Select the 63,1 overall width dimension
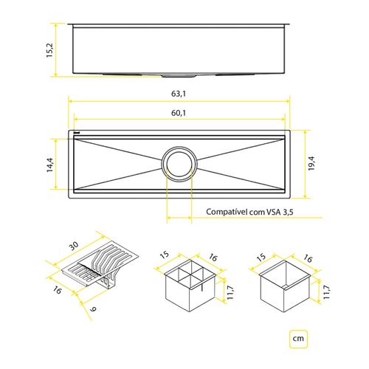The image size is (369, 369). pos(179,94)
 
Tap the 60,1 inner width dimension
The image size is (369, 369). pos(179,114)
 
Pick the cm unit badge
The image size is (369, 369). pos(299,339)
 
